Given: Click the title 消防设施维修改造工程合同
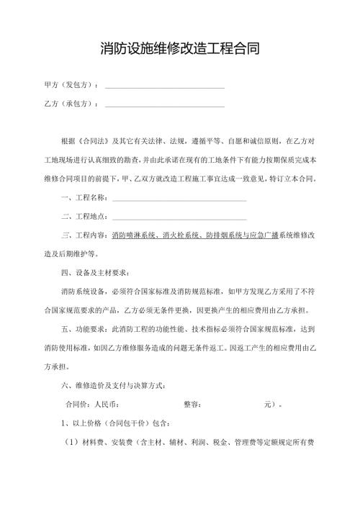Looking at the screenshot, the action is pos(180,49).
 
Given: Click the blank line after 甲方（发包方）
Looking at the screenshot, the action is pos(165,86).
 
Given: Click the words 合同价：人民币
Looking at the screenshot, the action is pos(91,404).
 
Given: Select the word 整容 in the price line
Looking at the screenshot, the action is pos(192,404).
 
